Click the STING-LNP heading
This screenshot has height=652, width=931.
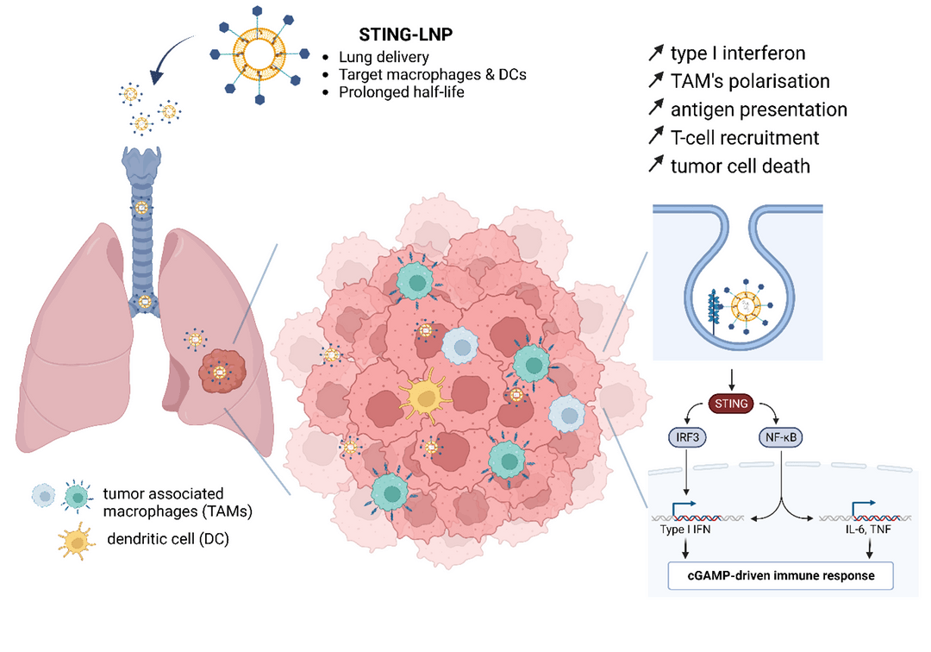point(405,34)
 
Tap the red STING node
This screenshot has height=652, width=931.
point(731,404)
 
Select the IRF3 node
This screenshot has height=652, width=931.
point(687,438)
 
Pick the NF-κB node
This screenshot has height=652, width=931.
point(780,438)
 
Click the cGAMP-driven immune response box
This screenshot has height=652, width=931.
point(781,575)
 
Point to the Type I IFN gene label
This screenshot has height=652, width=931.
point(685,529)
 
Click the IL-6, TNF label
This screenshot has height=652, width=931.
point(868,529)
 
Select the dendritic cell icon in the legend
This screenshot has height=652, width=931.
point(77,541)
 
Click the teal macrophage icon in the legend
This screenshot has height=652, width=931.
point(78,497)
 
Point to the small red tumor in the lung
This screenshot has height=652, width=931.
point(222,371)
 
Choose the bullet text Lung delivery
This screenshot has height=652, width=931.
point(384,57)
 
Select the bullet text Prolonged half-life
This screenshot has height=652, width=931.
point(402,92)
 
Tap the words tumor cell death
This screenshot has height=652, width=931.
point(740,166)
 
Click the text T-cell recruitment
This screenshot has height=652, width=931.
point(745,138)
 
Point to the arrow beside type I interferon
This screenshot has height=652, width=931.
point(655,53)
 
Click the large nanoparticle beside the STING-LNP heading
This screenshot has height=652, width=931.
point(259,55)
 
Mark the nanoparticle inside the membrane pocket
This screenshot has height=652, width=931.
point(746,306)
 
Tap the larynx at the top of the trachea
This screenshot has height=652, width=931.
point(141,163)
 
